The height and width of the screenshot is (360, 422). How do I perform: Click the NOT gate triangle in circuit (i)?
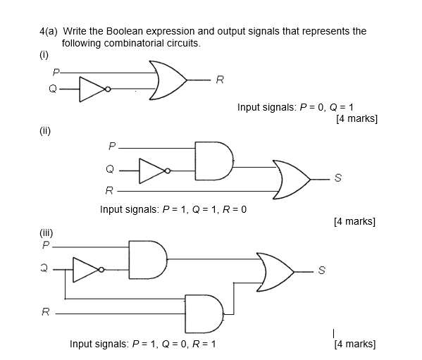click(92, 89)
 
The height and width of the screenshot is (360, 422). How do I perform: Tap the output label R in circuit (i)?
click(219, 80)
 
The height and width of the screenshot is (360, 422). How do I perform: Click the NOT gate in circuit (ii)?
click(152, 170)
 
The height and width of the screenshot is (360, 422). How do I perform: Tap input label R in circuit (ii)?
click(108, 190)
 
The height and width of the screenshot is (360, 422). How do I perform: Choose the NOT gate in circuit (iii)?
click(87, 268)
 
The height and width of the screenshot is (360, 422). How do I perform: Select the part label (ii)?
click(45, 131)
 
